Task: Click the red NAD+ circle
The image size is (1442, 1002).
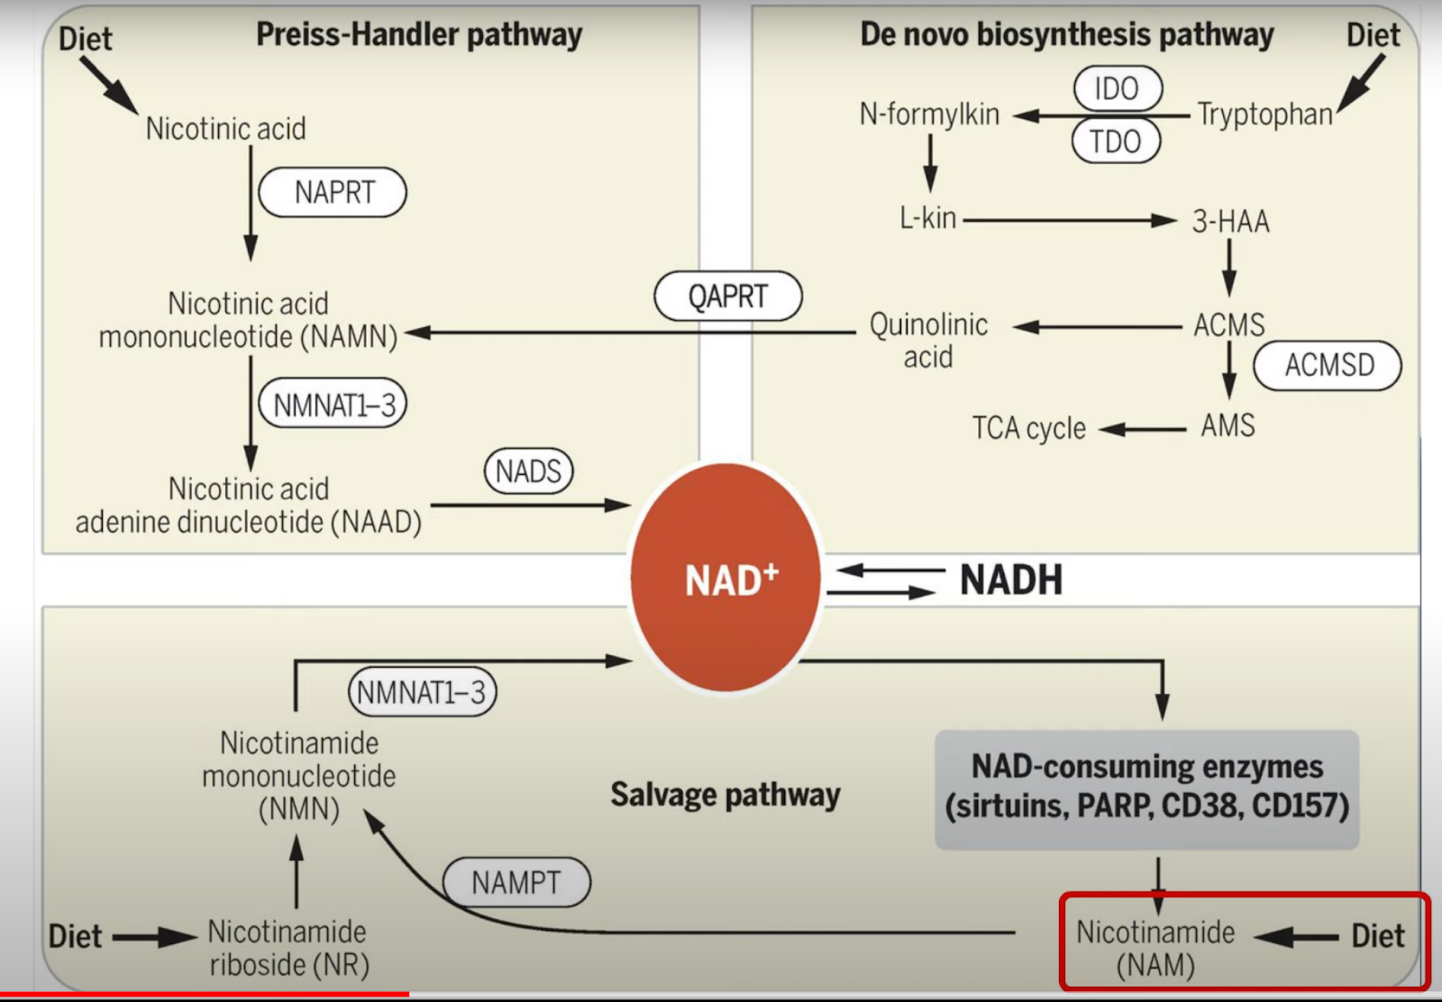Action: (x=726, y=578)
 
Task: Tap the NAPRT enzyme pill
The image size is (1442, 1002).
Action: (x=333, y=193)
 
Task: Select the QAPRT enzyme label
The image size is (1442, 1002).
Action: (x=728, y=296)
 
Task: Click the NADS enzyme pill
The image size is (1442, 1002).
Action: (x=528, y=471)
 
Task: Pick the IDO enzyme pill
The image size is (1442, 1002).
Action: (x=1118, y=88)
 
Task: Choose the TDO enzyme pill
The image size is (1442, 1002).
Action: (x=1116, y=141)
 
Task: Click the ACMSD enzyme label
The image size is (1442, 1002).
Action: (x=1328, y=366)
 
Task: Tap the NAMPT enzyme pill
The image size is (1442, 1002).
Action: (x=516, y=882)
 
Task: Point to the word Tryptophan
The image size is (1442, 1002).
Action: (x=1265, y=114)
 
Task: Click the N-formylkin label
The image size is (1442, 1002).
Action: (x=929, y=114)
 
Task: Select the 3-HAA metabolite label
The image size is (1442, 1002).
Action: (x=1230, y=222)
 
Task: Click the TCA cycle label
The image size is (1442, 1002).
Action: (x=1028, y=428)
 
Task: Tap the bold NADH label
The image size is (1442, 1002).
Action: (x=1010, y=579)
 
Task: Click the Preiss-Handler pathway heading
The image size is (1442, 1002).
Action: (x=419, y=35)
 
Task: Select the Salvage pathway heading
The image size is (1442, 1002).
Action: (x=726, y=795)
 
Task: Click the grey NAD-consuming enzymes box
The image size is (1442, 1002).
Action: (x=1146, y=789)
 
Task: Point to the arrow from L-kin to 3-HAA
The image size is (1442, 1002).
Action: (x=1070, y=221)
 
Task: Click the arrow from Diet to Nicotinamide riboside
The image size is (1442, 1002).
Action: (x=155, y=937)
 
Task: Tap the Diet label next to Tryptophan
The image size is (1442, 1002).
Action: (x=1374, y=35)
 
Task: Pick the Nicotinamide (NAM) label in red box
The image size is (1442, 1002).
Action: (x=1155, y=949)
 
